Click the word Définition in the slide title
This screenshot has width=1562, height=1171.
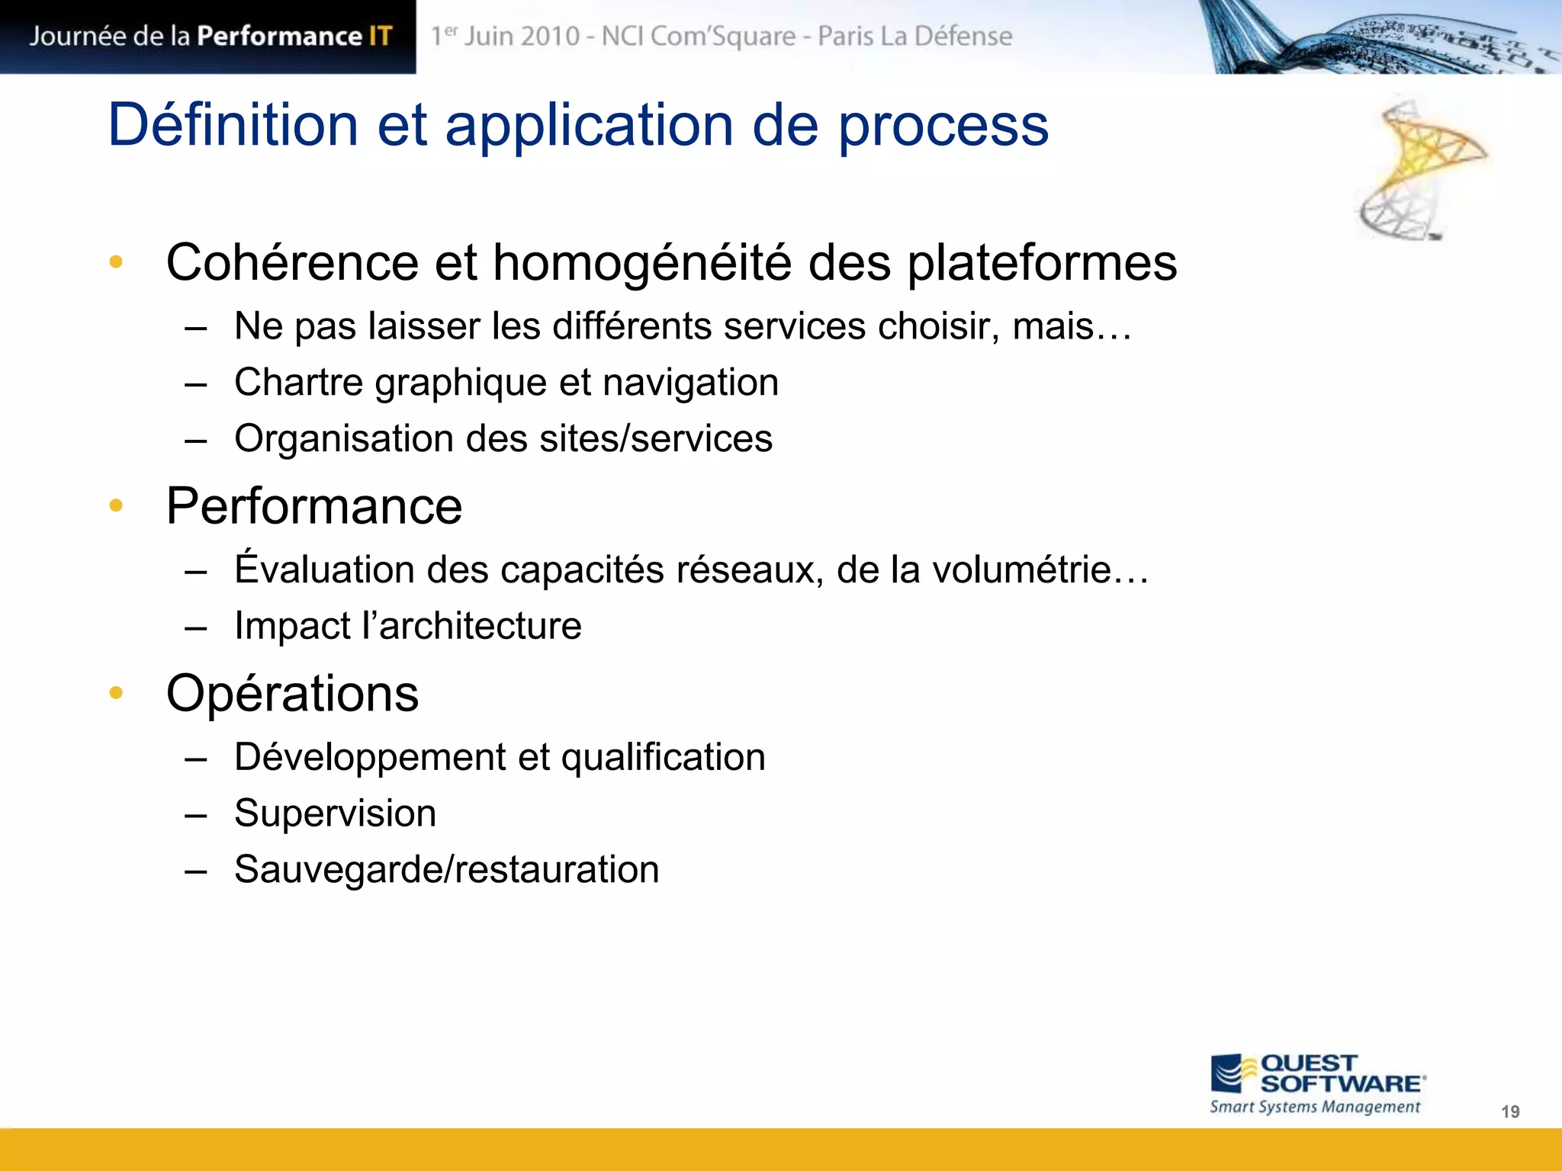click(x=233, y=125)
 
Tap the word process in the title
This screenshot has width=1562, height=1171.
click(x=943, y=127)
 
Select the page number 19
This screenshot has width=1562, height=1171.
click(x=1510, y=1112)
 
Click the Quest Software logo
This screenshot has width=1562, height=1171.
click(x=1317, y=1074)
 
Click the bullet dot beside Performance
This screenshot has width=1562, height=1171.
click(x=116, y=505)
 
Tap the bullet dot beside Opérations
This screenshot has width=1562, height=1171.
click(x=116, y=692)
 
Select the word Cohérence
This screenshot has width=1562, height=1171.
click(x=292, y=263)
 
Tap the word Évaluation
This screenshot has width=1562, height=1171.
click(x=324, y=569)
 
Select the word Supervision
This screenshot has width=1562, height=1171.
click(x=335, y=813)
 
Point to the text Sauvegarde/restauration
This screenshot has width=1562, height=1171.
click(x=446, y=870)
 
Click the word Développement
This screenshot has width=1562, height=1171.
click(x=370, y=757)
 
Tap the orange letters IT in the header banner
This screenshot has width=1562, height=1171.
click(x=381, y=36)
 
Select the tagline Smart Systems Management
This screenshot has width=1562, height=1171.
click(x=1315, y=1107)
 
